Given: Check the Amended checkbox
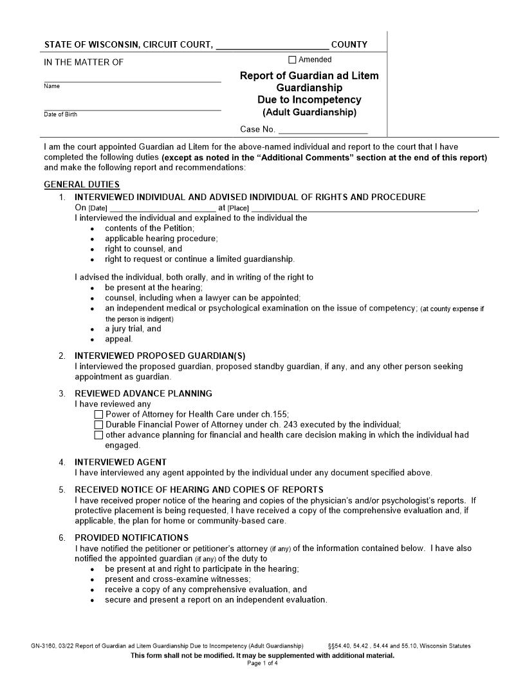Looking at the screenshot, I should tap(293, 60).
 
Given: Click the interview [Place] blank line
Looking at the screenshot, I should tap(364, 208).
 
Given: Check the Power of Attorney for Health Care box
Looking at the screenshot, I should tap(98, 415).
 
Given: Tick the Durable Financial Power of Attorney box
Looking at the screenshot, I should tap(98, 425).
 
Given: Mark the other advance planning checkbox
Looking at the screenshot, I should tap(98, 435).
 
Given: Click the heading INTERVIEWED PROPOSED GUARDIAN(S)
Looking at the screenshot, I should tap(160, 356).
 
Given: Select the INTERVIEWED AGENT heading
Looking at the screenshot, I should tap(120, 462).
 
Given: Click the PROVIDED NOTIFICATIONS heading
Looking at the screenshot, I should tap(131, 538).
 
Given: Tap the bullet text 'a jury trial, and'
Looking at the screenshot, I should tap(133, 329).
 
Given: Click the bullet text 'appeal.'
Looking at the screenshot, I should tap(119, 339).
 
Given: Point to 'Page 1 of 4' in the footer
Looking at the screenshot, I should tap(262, 663).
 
